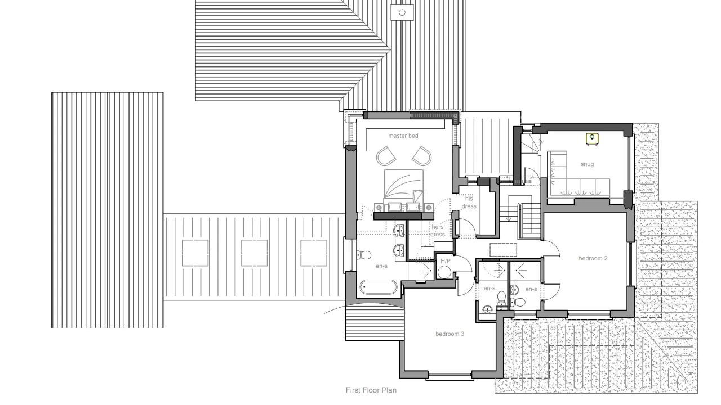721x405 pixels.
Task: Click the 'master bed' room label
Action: click(403, 136)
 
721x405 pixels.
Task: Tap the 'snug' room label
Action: click(587, 164)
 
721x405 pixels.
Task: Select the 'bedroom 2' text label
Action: click(593, 258)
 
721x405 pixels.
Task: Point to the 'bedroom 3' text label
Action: click(449, 334)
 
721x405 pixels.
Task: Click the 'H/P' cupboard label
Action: click(446, 261)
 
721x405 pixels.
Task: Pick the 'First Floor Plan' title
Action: click(371, 390)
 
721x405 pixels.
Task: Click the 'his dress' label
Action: click(469, 202)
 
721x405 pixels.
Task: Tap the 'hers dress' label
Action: click(438, 231)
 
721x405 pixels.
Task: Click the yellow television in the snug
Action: click(592, 138)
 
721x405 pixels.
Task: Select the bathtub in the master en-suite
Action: click(379, 287)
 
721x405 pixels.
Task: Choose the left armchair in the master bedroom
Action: click(386, 155)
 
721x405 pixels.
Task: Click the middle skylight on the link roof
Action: click(254, 253)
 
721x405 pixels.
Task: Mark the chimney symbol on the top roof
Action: click(402, 12)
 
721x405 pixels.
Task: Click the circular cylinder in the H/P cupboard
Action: click(444, 273)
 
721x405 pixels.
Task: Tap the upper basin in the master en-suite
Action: click(398, 229)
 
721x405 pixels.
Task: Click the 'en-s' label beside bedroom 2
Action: click(531, 289)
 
